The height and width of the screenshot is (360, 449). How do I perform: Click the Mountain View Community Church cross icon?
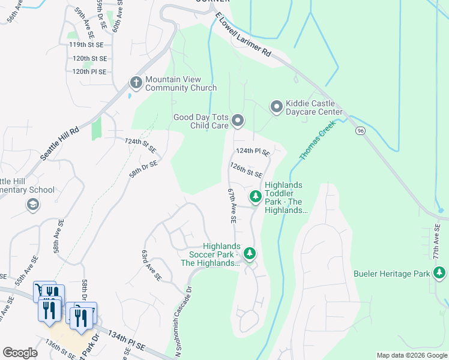pyautogui.click(x=136, y=83)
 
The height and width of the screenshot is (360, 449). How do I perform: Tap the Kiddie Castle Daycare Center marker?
pyautogui.click(x=277, y=107)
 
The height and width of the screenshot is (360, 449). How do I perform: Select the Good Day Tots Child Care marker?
pyautogui.click(x=238, y=121)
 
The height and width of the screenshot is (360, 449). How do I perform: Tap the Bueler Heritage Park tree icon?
pyautogui.click(x=439, y=274)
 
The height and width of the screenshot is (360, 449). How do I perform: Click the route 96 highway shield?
pyautogui.click(x=360, y=131)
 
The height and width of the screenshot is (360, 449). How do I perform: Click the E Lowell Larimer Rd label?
pyautogui.click(x=245, y=37)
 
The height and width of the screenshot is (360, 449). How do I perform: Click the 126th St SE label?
pyautogui.click(x=246, y=169)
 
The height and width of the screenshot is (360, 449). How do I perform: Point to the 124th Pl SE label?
pyautogui.click(x=253, y=152)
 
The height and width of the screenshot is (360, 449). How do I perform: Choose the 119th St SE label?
pyautogui.click(x=87, y=44)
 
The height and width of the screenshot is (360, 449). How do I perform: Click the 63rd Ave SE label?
pyautogui.click(x=151, y=266)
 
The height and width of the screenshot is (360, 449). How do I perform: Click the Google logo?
pyautogui.click(x=20, y=353)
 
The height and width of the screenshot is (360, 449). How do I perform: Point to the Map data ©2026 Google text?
pyautogui.click(x=412, y=355)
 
